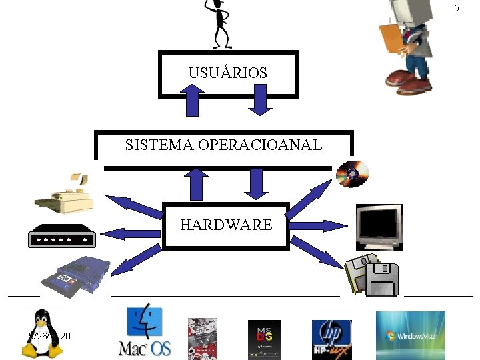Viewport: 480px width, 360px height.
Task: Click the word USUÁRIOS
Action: point(227,73)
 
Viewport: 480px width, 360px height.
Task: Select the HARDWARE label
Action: point(226,225)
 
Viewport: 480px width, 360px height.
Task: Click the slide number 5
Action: point(457,9)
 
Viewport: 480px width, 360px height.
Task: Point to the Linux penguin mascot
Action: point(43,333)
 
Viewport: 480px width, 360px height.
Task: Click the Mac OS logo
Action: point(145,331)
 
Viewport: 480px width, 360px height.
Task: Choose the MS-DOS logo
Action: point(265,339)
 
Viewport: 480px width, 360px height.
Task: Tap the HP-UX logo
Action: point(331,339)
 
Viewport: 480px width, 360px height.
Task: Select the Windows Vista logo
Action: point(410,335)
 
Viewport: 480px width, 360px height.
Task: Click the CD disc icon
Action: point(352,174)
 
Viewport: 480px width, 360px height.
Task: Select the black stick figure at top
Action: point(219,23)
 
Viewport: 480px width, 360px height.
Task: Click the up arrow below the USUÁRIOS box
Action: point(192,101)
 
